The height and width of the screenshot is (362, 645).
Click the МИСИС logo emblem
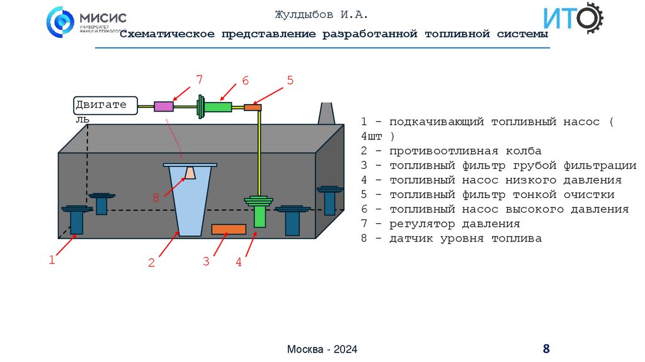pyautogui.click(x=60, y=22)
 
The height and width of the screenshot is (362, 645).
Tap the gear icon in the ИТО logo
pyautogui.click(x=590, y=18)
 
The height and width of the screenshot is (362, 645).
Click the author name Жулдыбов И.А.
pyautogui.click(x=321, y=15)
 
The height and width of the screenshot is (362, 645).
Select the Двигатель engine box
pyautogui.click(x=105, y=105)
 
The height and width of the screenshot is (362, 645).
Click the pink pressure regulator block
pyautogui.click(x=164, y=107)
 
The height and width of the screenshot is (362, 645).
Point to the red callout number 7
pyautogui.click(x=199, y=80)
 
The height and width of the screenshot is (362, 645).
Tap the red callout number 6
pyautogui.click(x=246, y=81)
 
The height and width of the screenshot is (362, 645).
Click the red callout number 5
pyautogui.click(x=290, y=80)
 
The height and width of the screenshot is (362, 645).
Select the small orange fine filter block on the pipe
pyautogui.click(x=253, y=108)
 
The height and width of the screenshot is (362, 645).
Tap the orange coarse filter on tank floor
pyautogui.click(x=228, y=229)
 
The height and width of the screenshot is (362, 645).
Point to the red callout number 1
pyautogui.click(x=52, y=259)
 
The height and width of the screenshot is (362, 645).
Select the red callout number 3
pyautogui.click(x=206, y=261)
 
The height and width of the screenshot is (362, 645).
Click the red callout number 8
pyautogui.click(x=156, y=197)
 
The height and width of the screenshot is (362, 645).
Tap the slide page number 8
pyautogui.click(x=546, y=349)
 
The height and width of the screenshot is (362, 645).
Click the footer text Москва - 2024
pyautogui.click(x=322, y=349)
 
